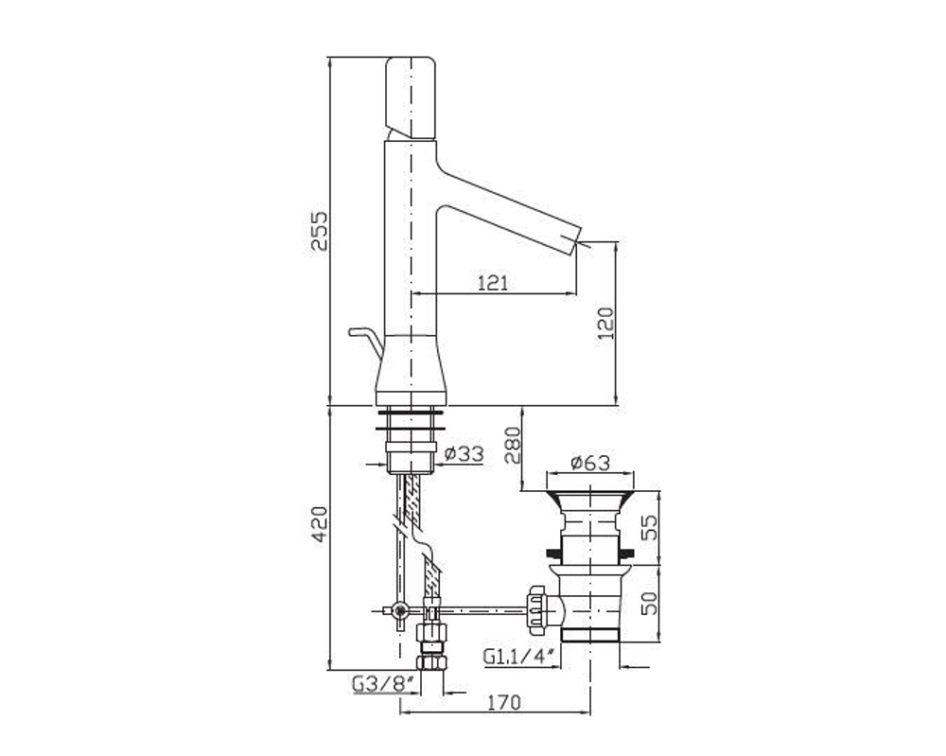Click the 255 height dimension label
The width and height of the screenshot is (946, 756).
319,231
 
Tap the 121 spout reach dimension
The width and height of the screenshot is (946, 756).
493,282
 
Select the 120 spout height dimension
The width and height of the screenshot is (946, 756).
605,324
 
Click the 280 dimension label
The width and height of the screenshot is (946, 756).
512,445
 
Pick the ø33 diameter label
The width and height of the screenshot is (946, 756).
464,453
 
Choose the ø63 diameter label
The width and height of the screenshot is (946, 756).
590,463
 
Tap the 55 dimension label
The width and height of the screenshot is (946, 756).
649,528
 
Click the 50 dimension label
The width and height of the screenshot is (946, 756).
649,604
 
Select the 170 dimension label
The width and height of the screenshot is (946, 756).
503,702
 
